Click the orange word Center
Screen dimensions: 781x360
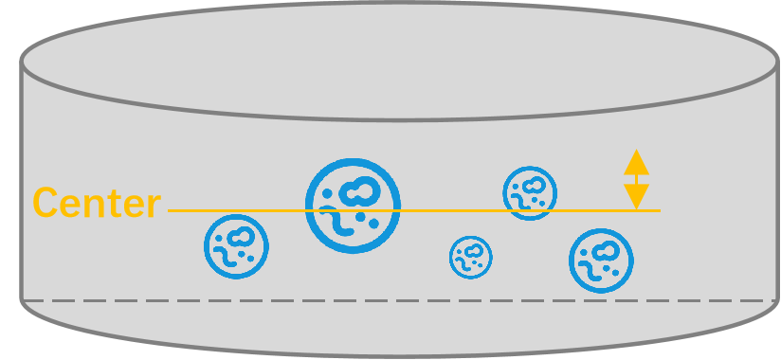click(97, 203)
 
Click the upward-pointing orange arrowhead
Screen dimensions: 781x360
click(637, 162)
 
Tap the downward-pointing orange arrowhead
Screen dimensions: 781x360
click(637, 197)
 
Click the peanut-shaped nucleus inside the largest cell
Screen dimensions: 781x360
click(359, 191)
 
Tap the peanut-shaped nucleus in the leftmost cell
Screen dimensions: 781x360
click(241, 237)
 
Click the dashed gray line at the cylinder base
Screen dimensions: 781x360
click(398, 300)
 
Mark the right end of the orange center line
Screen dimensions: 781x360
click(660, 210)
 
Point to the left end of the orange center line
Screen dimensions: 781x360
click(169, 210)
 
